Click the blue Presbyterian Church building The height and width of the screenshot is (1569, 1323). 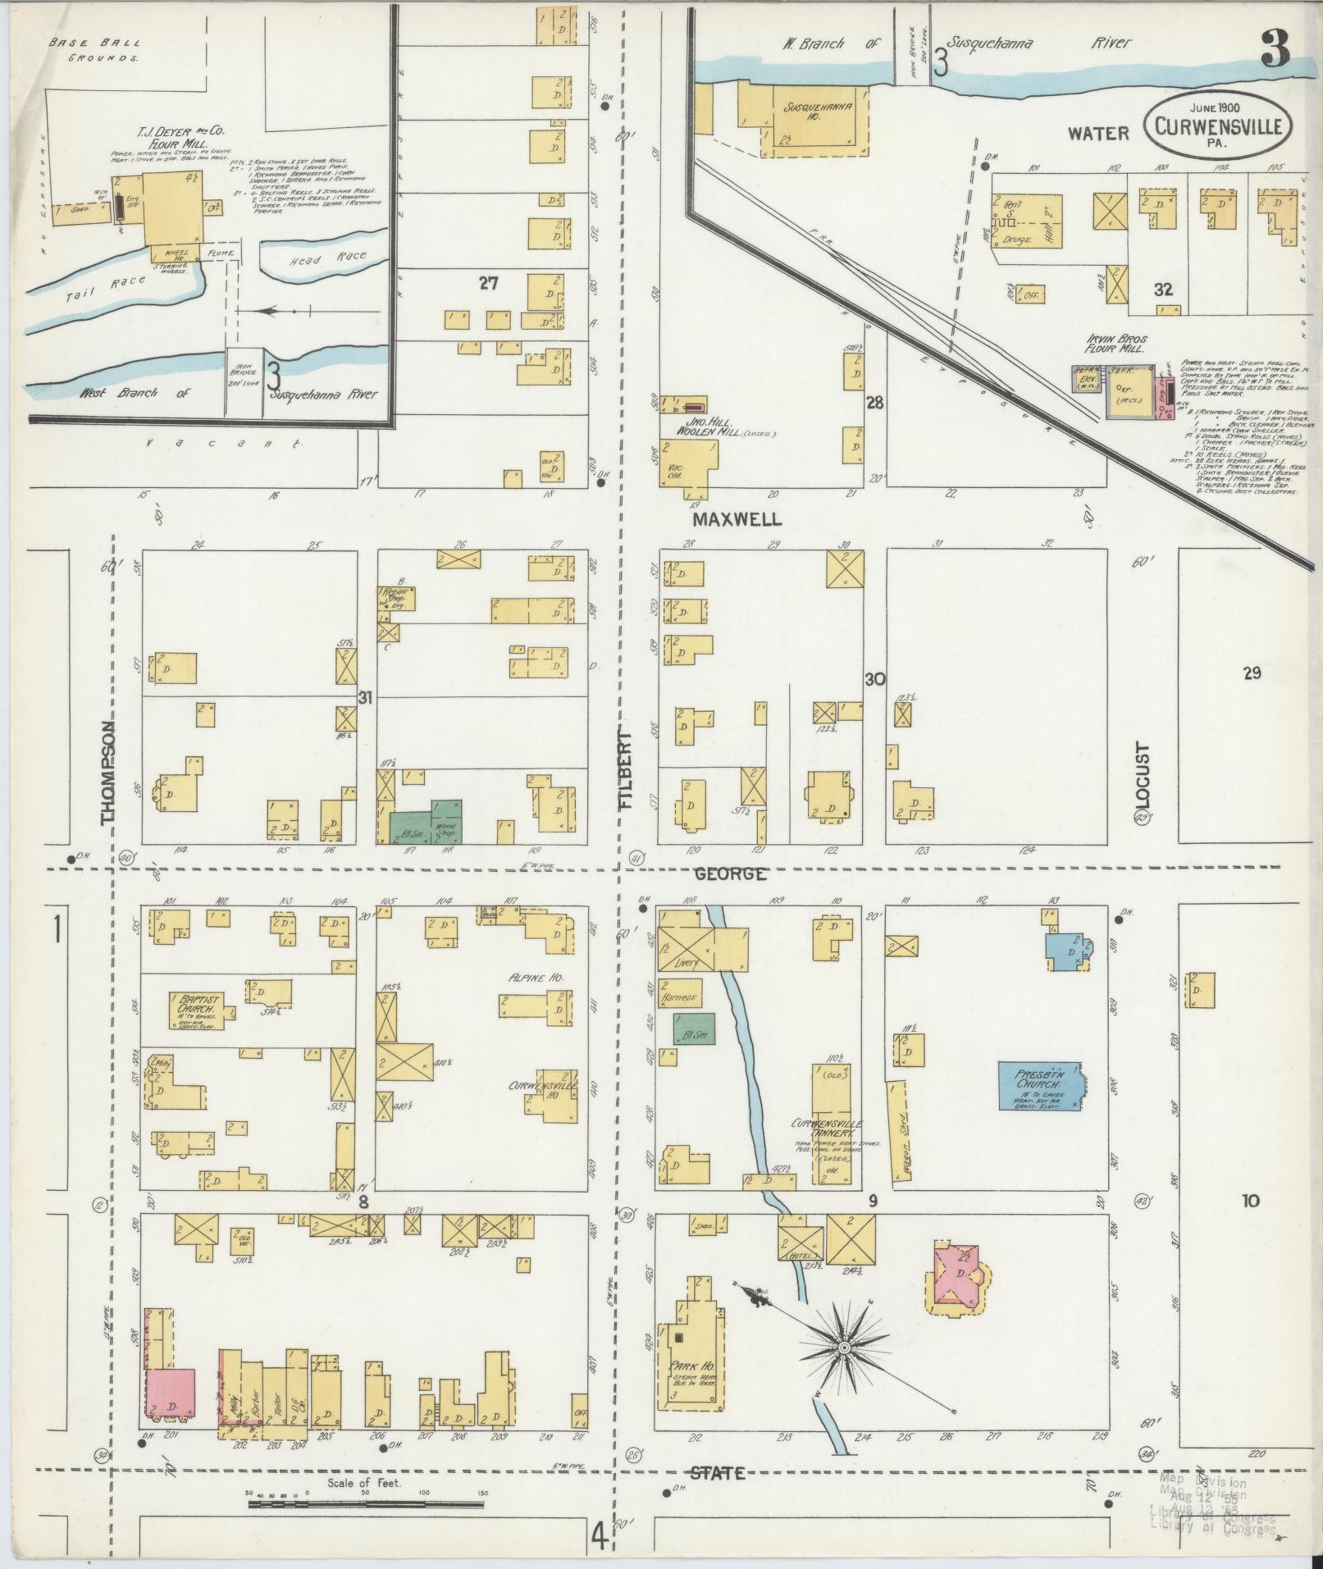coord(1039,1086)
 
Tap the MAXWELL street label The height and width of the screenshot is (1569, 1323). coord(737,519)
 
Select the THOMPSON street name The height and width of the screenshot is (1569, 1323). coord(107,773)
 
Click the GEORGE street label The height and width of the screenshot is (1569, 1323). coord(729,873)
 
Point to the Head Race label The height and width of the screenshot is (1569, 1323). coord(339,258)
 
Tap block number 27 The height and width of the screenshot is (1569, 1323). coord(490,284)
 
